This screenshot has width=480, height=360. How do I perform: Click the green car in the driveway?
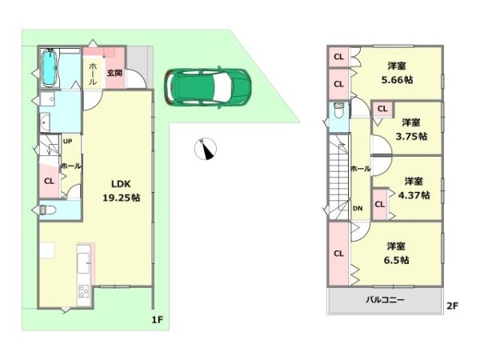207,86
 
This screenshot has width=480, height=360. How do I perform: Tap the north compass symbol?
207,149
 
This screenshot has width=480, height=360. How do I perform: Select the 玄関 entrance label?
114,74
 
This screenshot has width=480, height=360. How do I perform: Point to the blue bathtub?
50,70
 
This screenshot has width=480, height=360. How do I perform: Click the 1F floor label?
158,320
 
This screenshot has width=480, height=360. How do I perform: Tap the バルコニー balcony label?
386,300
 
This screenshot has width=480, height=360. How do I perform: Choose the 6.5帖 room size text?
397,260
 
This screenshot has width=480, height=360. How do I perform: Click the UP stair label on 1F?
67,142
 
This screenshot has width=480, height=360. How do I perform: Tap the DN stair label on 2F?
358,209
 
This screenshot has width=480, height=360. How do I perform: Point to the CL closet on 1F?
50,181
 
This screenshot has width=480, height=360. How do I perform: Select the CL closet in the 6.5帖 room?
338,254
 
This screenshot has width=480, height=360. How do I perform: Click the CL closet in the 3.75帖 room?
382,109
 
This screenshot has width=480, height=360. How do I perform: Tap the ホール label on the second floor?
360,169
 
